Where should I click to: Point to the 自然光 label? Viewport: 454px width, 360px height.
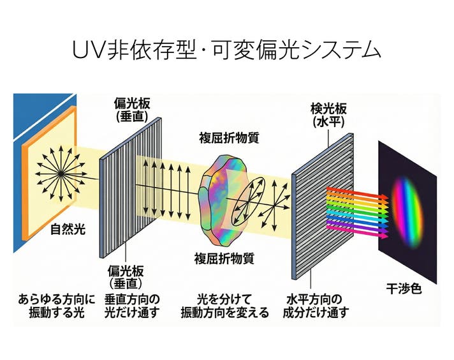68,229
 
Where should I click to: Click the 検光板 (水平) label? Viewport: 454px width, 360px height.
327,114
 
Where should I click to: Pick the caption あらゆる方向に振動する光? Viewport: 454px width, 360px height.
56,305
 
